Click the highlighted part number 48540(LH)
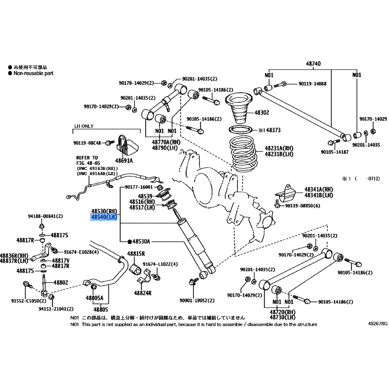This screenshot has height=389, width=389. coord(104,217)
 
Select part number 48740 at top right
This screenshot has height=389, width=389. coord(313,64)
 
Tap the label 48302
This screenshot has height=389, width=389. coord(262,113)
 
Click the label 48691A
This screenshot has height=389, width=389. coord(124,161)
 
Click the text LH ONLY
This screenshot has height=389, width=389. coord(84,126)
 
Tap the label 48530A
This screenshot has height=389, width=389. coord(141,241)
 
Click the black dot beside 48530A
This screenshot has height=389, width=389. coord(129,241)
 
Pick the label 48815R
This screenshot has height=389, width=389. coord(136,254)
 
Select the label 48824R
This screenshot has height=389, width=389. coord(142,293)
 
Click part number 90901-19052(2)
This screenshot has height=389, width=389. coord(197,301)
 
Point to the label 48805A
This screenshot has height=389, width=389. coord(94,298)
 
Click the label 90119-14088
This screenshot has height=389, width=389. coord(312,84)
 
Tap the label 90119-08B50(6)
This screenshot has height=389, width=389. coord(302,206)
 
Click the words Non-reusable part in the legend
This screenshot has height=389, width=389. coord(34,73)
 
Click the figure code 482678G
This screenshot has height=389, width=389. coord(378,323)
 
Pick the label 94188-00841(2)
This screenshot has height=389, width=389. coord(45,216)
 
